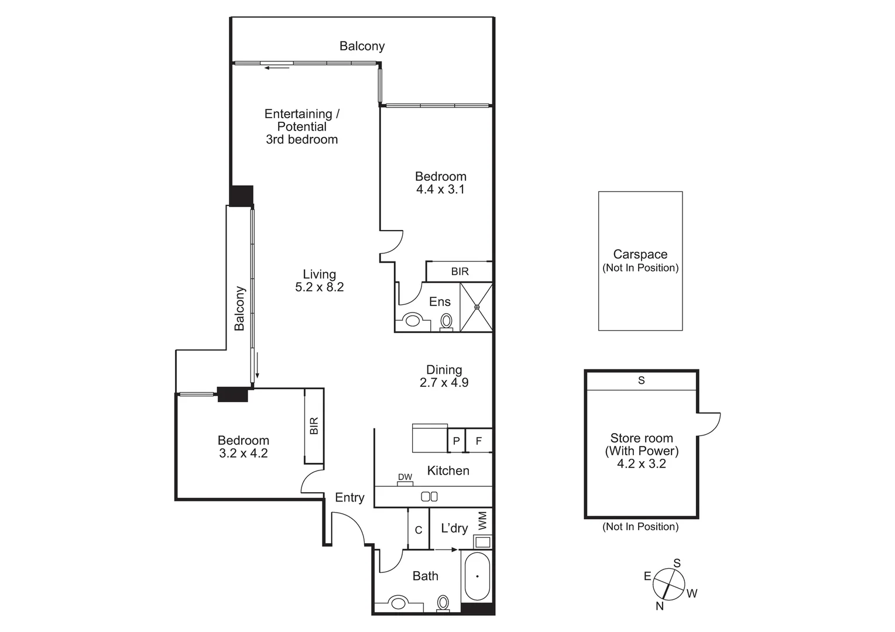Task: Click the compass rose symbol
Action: [668, 583]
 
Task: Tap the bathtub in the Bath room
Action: [477, 576]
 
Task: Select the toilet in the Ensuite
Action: [446, 321]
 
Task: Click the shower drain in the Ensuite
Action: [476, 307]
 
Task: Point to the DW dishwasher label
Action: [405, 478]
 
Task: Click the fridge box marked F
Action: [478, 441]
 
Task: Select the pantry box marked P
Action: [456, 441]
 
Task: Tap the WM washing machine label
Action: [482, 520]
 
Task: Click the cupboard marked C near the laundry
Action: [419, 530]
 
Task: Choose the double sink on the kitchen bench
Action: [429, 496]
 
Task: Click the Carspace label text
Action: [640, 255]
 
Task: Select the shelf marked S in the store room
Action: [641, 380]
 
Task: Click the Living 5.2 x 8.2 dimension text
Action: [319, 280]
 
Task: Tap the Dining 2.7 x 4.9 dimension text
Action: [444, 376]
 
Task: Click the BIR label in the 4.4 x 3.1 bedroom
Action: [459, 272]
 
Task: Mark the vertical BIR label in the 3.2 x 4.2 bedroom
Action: [314, 425]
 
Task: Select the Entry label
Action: [349, 497]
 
